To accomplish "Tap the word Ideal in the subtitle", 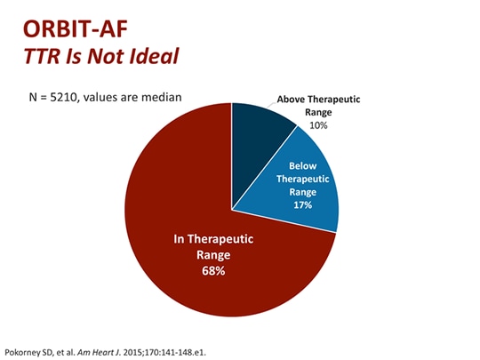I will pos(150,55).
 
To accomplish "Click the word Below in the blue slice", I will pos(302,164).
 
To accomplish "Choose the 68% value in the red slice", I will pos(212,270).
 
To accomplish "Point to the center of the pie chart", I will pos(231,210).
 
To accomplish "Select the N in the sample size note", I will pos(34,96).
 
